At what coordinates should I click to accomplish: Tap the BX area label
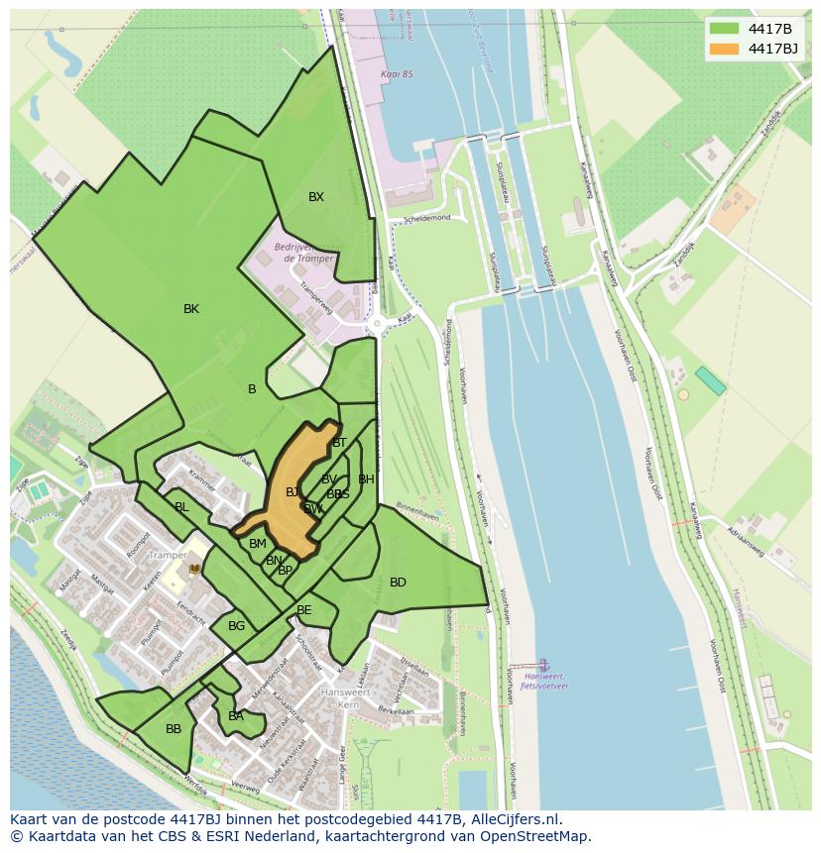[x=316, y=197]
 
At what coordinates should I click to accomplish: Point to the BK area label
[x=191, y=309]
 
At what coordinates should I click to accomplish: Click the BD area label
[x=398, y=583]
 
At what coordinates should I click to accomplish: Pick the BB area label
[x=174, y=729]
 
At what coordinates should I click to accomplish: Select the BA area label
[x=236, y=716]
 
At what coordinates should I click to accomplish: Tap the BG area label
[x=236, y=626]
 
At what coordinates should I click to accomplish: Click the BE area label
[x=304, y=610]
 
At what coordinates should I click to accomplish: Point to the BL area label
[x=181, y=507]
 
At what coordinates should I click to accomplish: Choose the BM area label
[x=258, y=544]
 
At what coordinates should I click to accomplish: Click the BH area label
[x=366, y=480]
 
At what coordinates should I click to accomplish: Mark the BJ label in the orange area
[x=293, y=492]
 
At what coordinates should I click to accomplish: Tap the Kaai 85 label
[x=396, y=74]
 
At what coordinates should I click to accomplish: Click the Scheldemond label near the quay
[x=427, y=218]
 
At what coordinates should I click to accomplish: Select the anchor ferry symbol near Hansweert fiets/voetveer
[x=542, y=664]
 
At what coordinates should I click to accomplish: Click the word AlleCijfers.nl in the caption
[x=515, y=820]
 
